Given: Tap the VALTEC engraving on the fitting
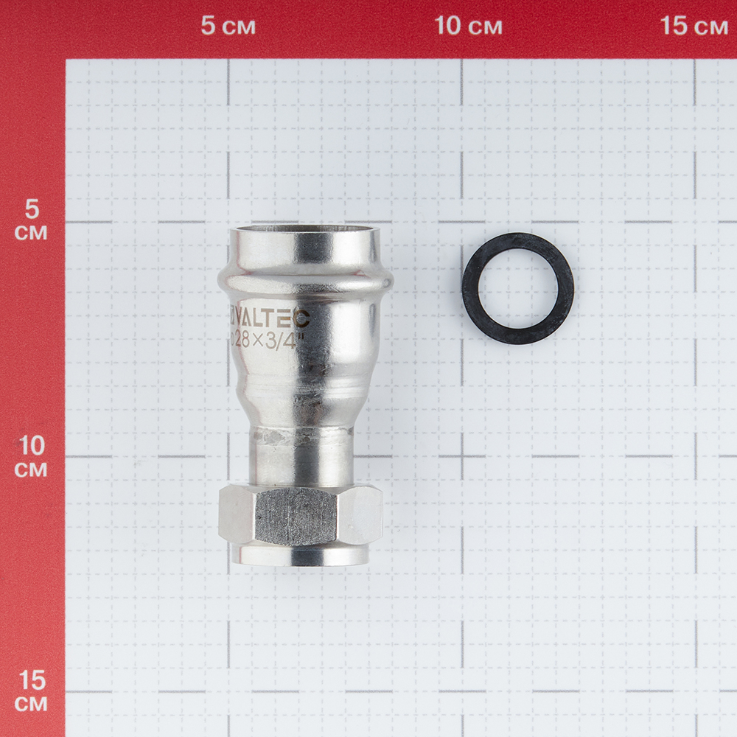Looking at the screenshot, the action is pyautogui.click(x=270, y=319).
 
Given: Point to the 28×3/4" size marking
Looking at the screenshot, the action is pyautogui.click(x=265, y=340).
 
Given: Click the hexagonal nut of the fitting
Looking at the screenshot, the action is pyautogui.click(x=301, y=516).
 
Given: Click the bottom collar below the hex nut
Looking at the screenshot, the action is pyautogui.click(x=301, y=556).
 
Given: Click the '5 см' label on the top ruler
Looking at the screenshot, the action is pyautogui.click(x=228, y=25).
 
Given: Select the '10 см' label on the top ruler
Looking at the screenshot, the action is pyautogui.click(x=468, y=25).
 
